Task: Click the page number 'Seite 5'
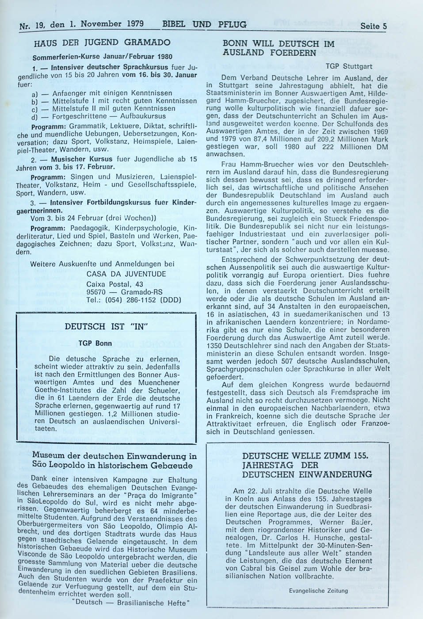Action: pyautogui.click(x=373, y=26)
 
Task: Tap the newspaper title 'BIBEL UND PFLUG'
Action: pyautogui.click(x=204, y=24)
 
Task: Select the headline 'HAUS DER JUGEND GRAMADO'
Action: pyautogui.click(x=102, y=43)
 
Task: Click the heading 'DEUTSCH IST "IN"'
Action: pyautogui.click(x=106, y=327)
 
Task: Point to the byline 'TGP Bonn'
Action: pyautogui.click(x=95, y=343)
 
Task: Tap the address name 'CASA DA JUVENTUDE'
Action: pyautogui.click(x=126, y=274)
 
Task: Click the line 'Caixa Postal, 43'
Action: pyautogui.click(x=114, y=284)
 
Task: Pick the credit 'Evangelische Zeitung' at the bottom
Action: pyautogui.click(x=318, y=591)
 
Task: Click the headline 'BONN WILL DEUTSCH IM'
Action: pyautogui.click(x=278, y=44)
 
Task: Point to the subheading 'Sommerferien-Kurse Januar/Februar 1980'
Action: pyautogui.click(x=102, y=57)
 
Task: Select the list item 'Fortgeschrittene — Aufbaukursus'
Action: pyautogui.click(x=109, y=116)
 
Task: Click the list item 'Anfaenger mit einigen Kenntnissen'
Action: pyautogui.click(x=112, y=93)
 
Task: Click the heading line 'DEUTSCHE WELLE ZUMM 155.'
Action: pyautogui.click(x=305, y=456)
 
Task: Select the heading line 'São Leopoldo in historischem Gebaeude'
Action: pyautogui.click(x=112, y=465)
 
